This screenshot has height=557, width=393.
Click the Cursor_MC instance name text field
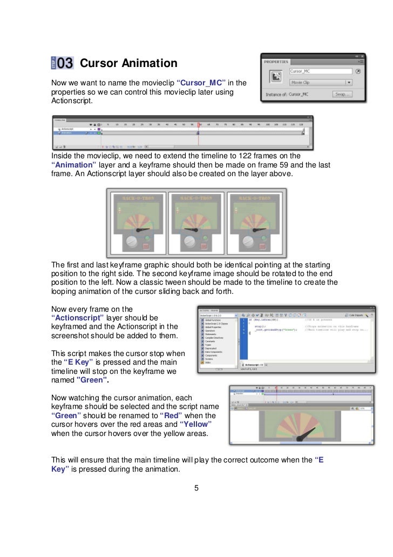320,71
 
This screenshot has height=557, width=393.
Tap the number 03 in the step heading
65,64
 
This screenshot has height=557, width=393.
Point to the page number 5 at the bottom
196,489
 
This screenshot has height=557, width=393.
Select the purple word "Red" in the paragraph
171,415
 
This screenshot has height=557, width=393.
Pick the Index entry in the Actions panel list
209,363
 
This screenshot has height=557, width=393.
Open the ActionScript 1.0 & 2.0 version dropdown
219,315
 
